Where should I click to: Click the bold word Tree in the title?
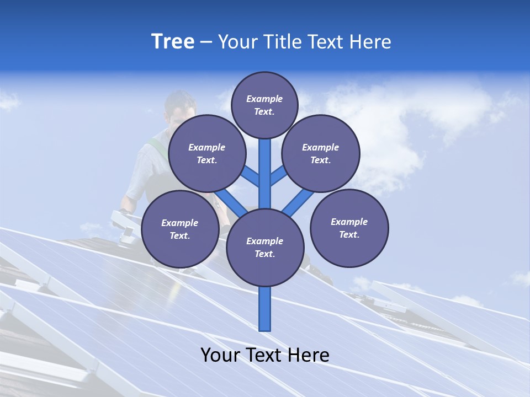point(173,42)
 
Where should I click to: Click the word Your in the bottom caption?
point(220,355)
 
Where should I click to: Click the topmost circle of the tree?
point(264,105)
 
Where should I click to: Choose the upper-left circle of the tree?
point(207,153)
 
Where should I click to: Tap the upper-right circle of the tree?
point(321,153)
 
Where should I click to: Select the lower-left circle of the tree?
point(180,229)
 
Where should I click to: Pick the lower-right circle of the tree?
point(349,228)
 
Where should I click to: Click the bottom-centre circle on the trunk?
point(265,247)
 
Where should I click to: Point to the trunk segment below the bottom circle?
point(265,309)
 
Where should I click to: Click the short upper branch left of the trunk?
point(250,176)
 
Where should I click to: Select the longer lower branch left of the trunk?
point(231,202)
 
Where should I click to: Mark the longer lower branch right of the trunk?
point(298,202)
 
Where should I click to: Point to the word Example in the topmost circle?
point(264,99)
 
